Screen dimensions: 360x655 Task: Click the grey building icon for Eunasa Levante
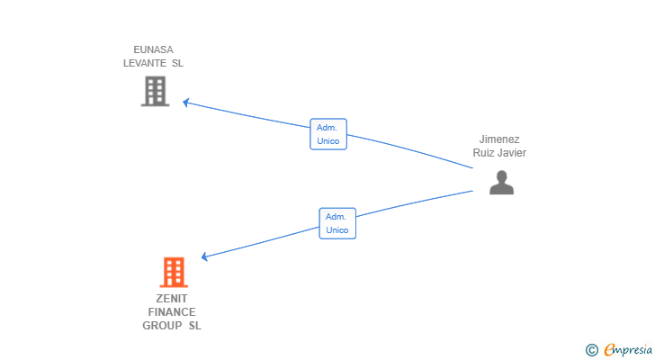point(155,91)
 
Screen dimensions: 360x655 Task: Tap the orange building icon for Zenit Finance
point(174,272)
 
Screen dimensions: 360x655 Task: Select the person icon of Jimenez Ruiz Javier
point(501,182)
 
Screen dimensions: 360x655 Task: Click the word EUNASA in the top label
point(153,49)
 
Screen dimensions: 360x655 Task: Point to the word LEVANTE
point(145,63)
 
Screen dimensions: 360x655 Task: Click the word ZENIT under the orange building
point(171,298)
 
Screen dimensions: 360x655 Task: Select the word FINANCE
point(171,311)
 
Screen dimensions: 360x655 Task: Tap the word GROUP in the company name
point(162,325)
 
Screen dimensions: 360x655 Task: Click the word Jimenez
point(499,139)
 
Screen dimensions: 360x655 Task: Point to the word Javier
point(511,153)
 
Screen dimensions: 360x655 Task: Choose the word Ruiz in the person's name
point(484,153)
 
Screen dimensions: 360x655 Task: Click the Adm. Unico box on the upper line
point(327,134)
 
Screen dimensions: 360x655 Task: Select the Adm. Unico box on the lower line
point(337,223)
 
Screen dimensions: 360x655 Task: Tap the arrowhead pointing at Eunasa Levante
point(185,102)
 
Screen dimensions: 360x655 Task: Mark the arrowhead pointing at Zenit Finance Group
point(204,257)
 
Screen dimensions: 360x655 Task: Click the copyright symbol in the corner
point(591,350)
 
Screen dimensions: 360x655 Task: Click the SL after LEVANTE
point(176,63)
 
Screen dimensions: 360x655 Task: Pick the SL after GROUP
point(194,325)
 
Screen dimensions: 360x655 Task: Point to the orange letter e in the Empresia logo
point(608,350)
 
